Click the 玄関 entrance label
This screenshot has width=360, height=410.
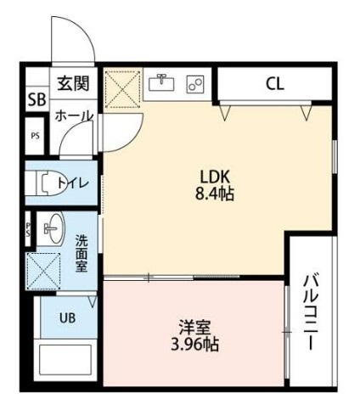pos(72,84)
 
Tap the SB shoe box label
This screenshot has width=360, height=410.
pos(37,98)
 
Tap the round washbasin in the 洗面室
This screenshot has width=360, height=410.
pos(52,227)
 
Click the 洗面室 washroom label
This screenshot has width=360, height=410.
pos(82,252)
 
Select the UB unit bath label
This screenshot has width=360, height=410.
pos(66,318)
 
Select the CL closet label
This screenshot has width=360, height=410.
pos(274,83)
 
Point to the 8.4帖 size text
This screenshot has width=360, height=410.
pos(216,194)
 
